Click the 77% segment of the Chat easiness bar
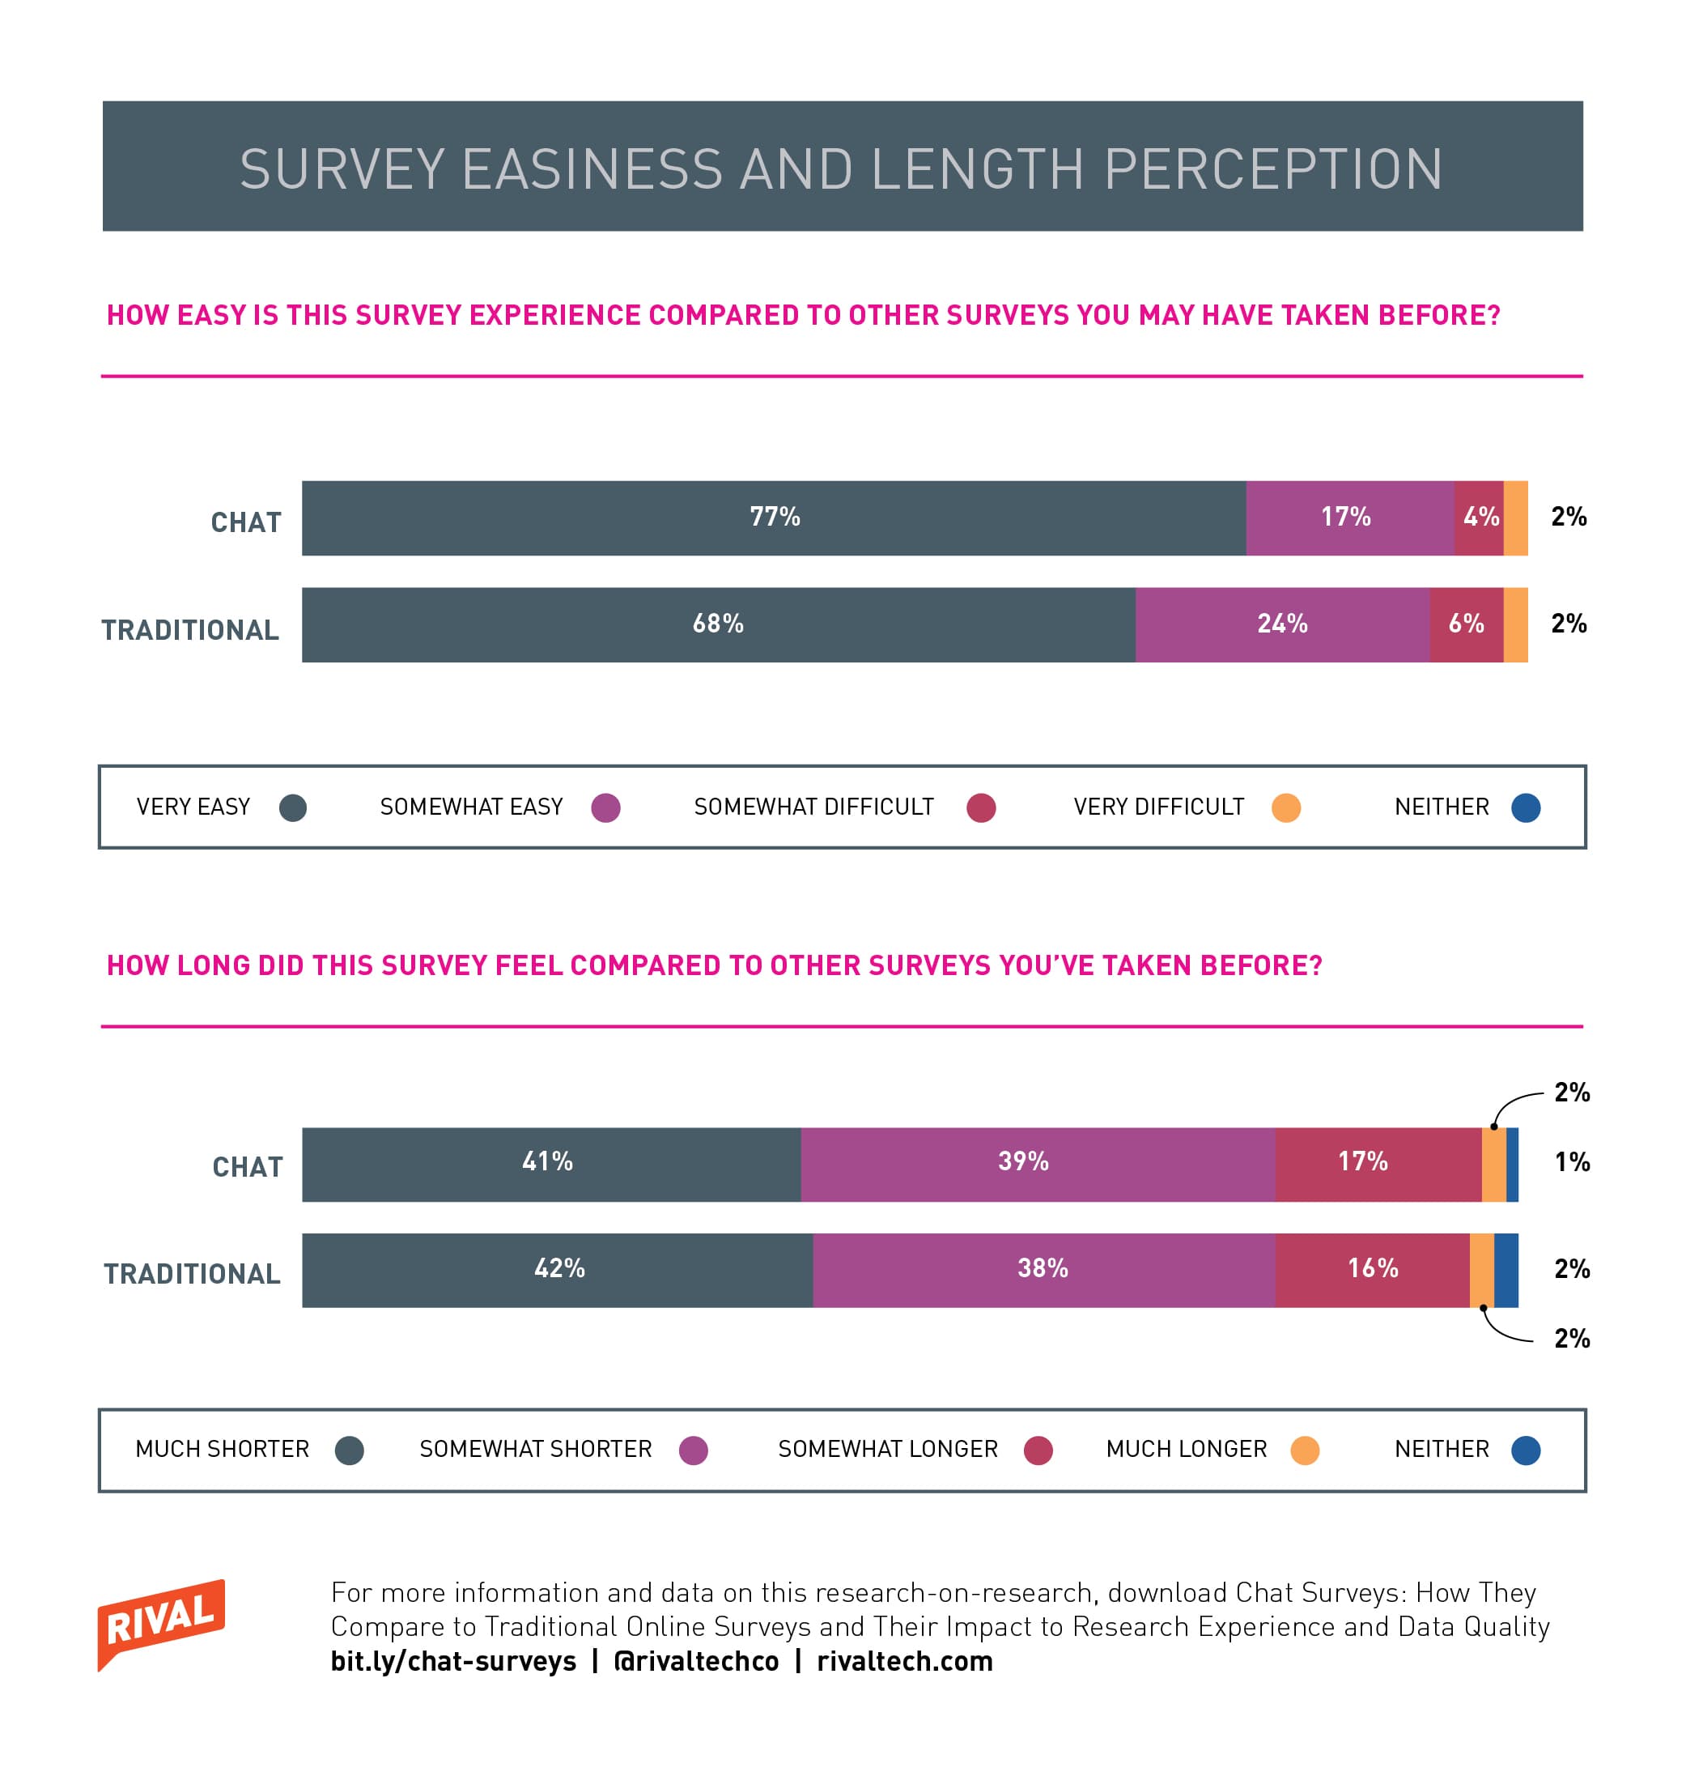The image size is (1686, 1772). coord(774,517)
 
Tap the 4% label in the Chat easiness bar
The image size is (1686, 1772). coord(1480,517)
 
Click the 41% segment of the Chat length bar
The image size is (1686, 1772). coord(547,1161)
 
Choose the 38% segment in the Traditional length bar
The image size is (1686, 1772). coord(1043,1268)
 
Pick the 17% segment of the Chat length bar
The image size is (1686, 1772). coord(1362,1161)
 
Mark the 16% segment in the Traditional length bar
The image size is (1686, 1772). coord(1372,1268)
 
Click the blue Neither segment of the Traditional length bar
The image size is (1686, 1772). coord(1506,1269)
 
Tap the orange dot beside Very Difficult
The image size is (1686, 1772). coord(1286,807)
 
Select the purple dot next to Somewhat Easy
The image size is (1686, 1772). coord(605,807)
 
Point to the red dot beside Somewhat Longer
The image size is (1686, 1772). coord(1038,1450)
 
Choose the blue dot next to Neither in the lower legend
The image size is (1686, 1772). coord(1526,1450)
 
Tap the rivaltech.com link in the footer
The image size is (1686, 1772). coord(904,1661)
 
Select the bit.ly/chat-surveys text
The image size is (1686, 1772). coord(453,1661)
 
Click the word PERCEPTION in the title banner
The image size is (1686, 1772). coord(1272,168)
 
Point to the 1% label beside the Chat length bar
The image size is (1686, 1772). coord(1572,1162)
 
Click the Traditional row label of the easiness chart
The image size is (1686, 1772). coord(190,630)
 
